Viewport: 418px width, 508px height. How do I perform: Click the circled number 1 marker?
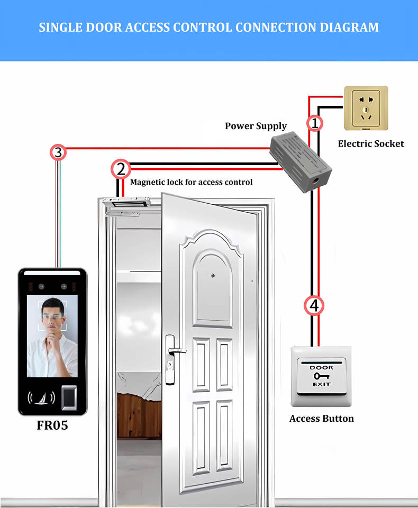point(315,123)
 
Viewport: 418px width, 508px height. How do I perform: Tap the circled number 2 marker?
point(121,169)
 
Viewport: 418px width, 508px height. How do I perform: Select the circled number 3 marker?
point(58,153)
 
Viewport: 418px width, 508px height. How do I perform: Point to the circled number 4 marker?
point(314,305)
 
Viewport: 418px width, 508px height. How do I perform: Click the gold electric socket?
point(366,108)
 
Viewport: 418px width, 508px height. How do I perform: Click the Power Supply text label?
point(256,126)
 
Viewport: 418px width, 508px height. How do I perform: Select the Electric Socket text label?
point(370,143)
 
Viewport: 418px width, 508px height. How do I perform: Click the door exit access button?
point(321,377)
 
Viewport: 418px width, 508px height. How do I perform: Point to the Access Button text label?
point(321,419)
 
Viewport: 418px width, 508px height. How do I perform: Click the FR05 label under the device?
point(52,425)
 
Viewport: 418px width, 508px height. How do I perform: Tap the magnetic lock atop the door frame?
point(129,204)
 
